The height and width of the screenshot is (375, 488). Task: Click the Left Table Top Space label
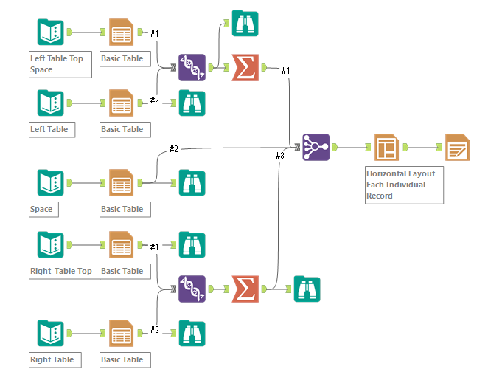pyautogui.click(x=60, y=64)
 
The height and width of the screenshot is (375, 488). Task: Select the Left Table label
pyautogui.click(x=50, y=130)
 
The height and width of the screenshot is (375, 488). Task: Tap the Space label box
pyautogui.click(x=41, y=209)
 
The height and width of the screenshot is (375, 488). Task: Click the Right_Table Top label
pyautogui.click(x=61, y=271)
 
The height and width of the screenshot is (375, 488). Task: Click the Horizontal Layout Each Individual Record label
pyautogui.click(x=404, y=185)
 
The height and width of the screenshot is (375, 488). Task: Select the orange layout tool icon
pyautogui.click(x=386, y=148)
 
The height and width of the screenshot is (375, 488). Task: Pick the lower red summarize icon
pyautogui.click(x=245, y=289)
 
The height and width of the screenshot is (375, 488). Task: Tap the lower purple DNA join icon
pyautogui.click(x=192, y=289)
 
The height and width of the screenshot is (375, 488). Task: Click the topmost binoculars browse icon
pyautogui.click(x=245, y=24)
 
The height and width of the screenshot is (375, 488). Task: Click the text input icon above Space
pyautogui.click(x=50, y=182)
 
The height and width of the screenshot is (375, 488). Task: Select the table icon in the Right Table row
pyautogui.click(x=121, y=333)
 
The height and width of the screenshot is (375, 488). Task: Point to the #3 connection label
pyautogui.click(x=279, y=156)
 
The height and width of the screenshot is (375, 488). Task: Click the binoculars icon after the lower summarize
pyautogui.click(x=307, y=289)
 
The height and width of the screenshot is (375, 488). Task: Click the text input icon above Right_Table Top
pyautogui.click(x=50, y=244)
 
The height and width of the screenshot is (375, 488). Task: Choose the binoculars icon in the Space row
pyautogui.click(x=192, y=182)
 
